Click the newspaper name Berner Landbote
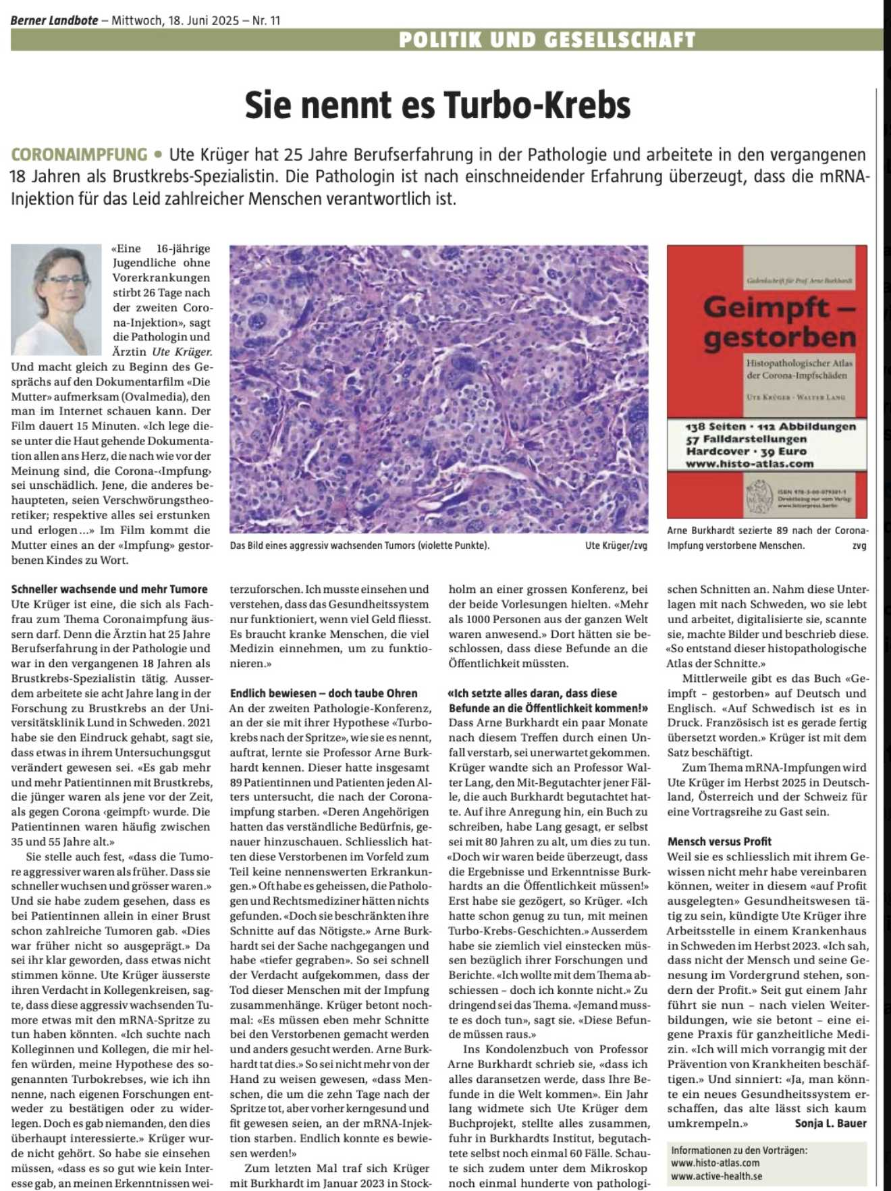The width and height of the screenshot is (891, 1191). (x=54, y=20)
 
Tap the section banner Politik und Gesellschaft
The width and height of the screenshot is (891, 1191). (x=547, y=40)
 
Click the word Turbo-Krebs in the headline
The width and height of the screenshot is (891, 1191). (x=537, y=105)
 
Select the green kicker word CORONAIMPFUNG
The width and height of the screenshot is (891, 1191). (x=79, y=155)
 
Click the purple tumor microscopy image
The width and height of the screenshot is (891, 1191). (x=439, y=389)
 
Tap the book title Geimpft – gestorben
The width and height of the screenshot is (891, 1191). (x=779, y=322)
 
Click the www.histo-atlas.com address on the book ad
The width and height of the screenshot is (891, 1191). (x=749, y=464)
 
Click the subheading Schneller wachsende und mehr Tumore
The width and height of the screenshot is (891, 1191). (x=109, y=589)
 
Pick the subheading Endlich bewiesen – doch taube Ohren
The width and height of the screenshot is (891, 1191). (x=323, y=693)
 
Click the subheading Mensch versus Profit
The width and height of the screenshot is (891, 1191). (x=719, y=841)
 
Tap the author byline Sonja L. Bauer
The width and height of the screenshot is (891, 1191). (x=830, y=1123)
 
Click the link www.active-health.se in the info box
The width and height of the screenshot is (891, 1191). (x=716, y=1175)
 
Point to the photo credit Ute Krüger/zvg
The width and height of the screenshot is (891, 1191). (x=616, y=546)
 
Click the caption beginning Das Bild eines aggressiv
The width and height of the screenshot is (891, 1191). (x=359, y=546)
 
